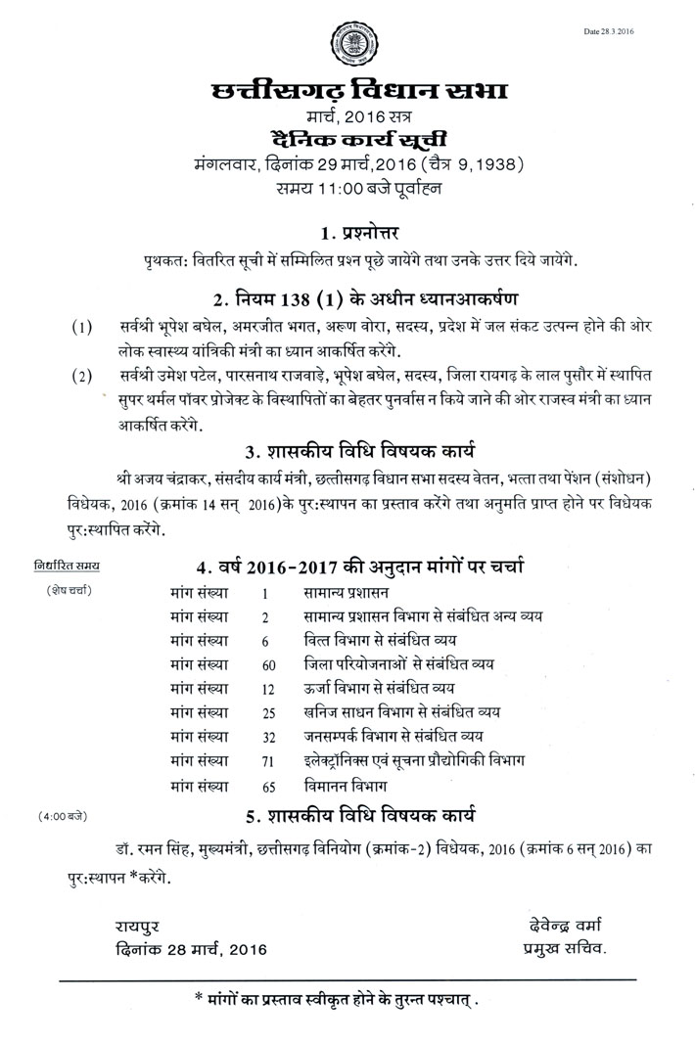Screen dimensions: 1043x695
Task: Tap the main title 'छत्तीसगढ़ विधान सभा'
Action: click(347, 95)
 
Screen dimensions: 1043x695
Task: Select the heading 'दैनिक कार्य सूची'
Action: click(347, 140)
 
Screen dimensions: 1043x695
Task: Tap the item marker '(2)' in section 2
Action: click(82, 375)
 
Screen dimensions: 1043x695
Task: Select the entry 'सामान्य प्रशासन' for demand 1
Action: click(347, 593)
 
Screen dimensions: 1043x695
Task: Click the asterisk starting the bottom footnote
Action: click(199, 1000)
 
